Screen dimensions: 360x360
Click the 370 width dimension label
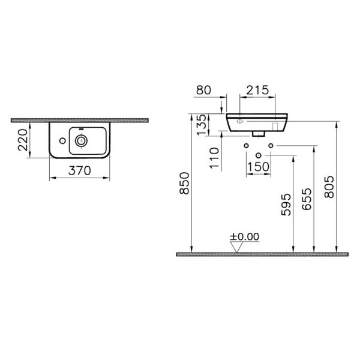point(80,170)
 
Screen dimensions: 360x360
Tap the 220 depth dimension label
point(23,140)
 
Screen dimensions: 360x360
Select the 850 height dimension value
point(185,184)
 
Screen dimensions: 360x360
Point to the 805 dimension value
point(329,187)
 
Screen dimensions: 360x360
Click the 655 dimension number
point(307,199)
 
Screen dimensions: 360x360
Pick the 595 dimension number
point(286,205)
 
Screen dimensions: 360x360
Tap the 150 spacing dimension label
point(258,167)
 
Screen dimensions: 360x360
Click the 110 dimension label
point(214,158)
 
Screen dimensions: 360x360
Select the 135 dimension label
point(202,125)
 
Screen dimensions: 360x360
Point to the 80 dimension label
point(203,90)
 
